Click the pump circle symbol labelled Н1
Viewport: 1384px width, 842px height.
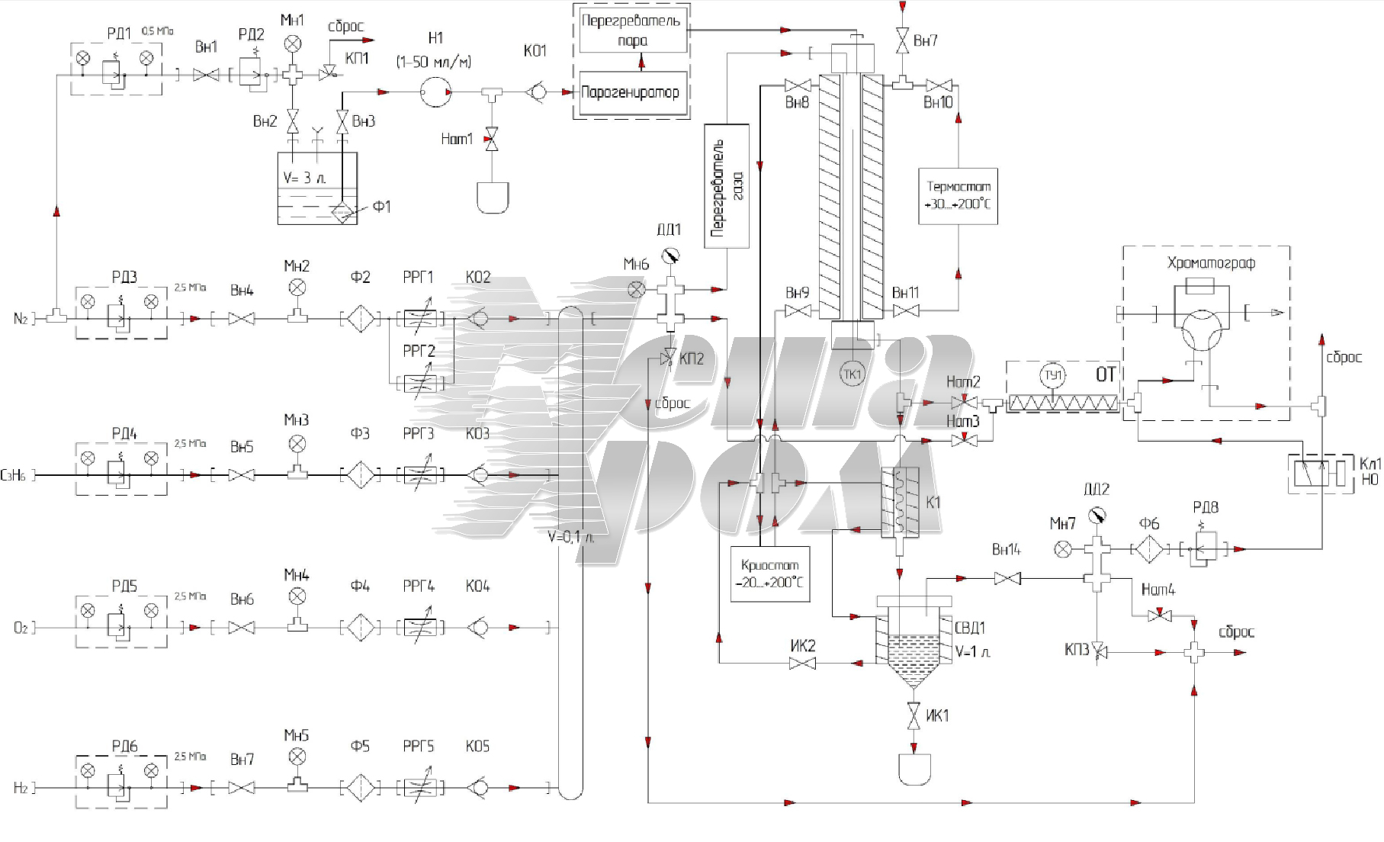tap(435, 92)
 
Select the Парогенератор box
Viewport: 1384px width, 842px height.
tap(630, 92)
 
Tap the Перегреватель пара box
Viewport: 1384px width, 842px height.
tap(632, 31)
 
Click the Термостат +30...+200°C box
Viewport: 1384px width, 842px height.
tap(959, 196)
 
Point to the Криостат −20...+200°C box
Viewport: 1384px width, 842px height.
tap(770, 574)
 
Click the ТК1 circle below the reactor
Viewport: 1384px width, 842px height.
tap(852, 374)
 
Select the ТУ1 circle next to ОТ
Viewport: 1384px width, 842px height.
tap(1053, 375)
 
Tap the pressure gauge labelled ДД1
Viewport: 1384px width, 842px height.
tap(670, 255)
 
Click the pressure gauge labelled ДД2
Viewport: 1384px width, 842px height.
tap(1097, 516)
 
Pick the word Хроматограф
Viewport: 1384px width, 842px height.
tap(1211, 263)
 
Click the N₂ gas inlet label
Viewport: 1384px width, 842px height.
tap(21, 318)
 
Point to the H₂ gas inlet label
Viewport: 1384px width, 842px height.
tap(21, 787)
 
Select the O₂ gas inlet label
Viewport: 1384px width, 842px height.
tap(21, 628)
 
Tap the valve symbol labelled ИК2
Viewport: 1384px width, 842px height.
tap(802, 664)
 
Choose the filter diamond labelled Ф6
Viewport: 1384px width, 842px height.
tap(1149, 548)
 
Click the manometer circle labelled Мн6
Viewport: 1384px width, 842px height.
tap(637, 290)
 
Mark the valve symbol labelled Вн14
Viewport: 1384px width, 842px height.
tap(1007, 579)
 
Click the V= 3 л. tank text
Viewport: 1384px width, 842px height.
tap(304, 178)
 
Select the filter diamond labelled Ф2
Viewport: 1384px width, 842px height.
tap(360, 319)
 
